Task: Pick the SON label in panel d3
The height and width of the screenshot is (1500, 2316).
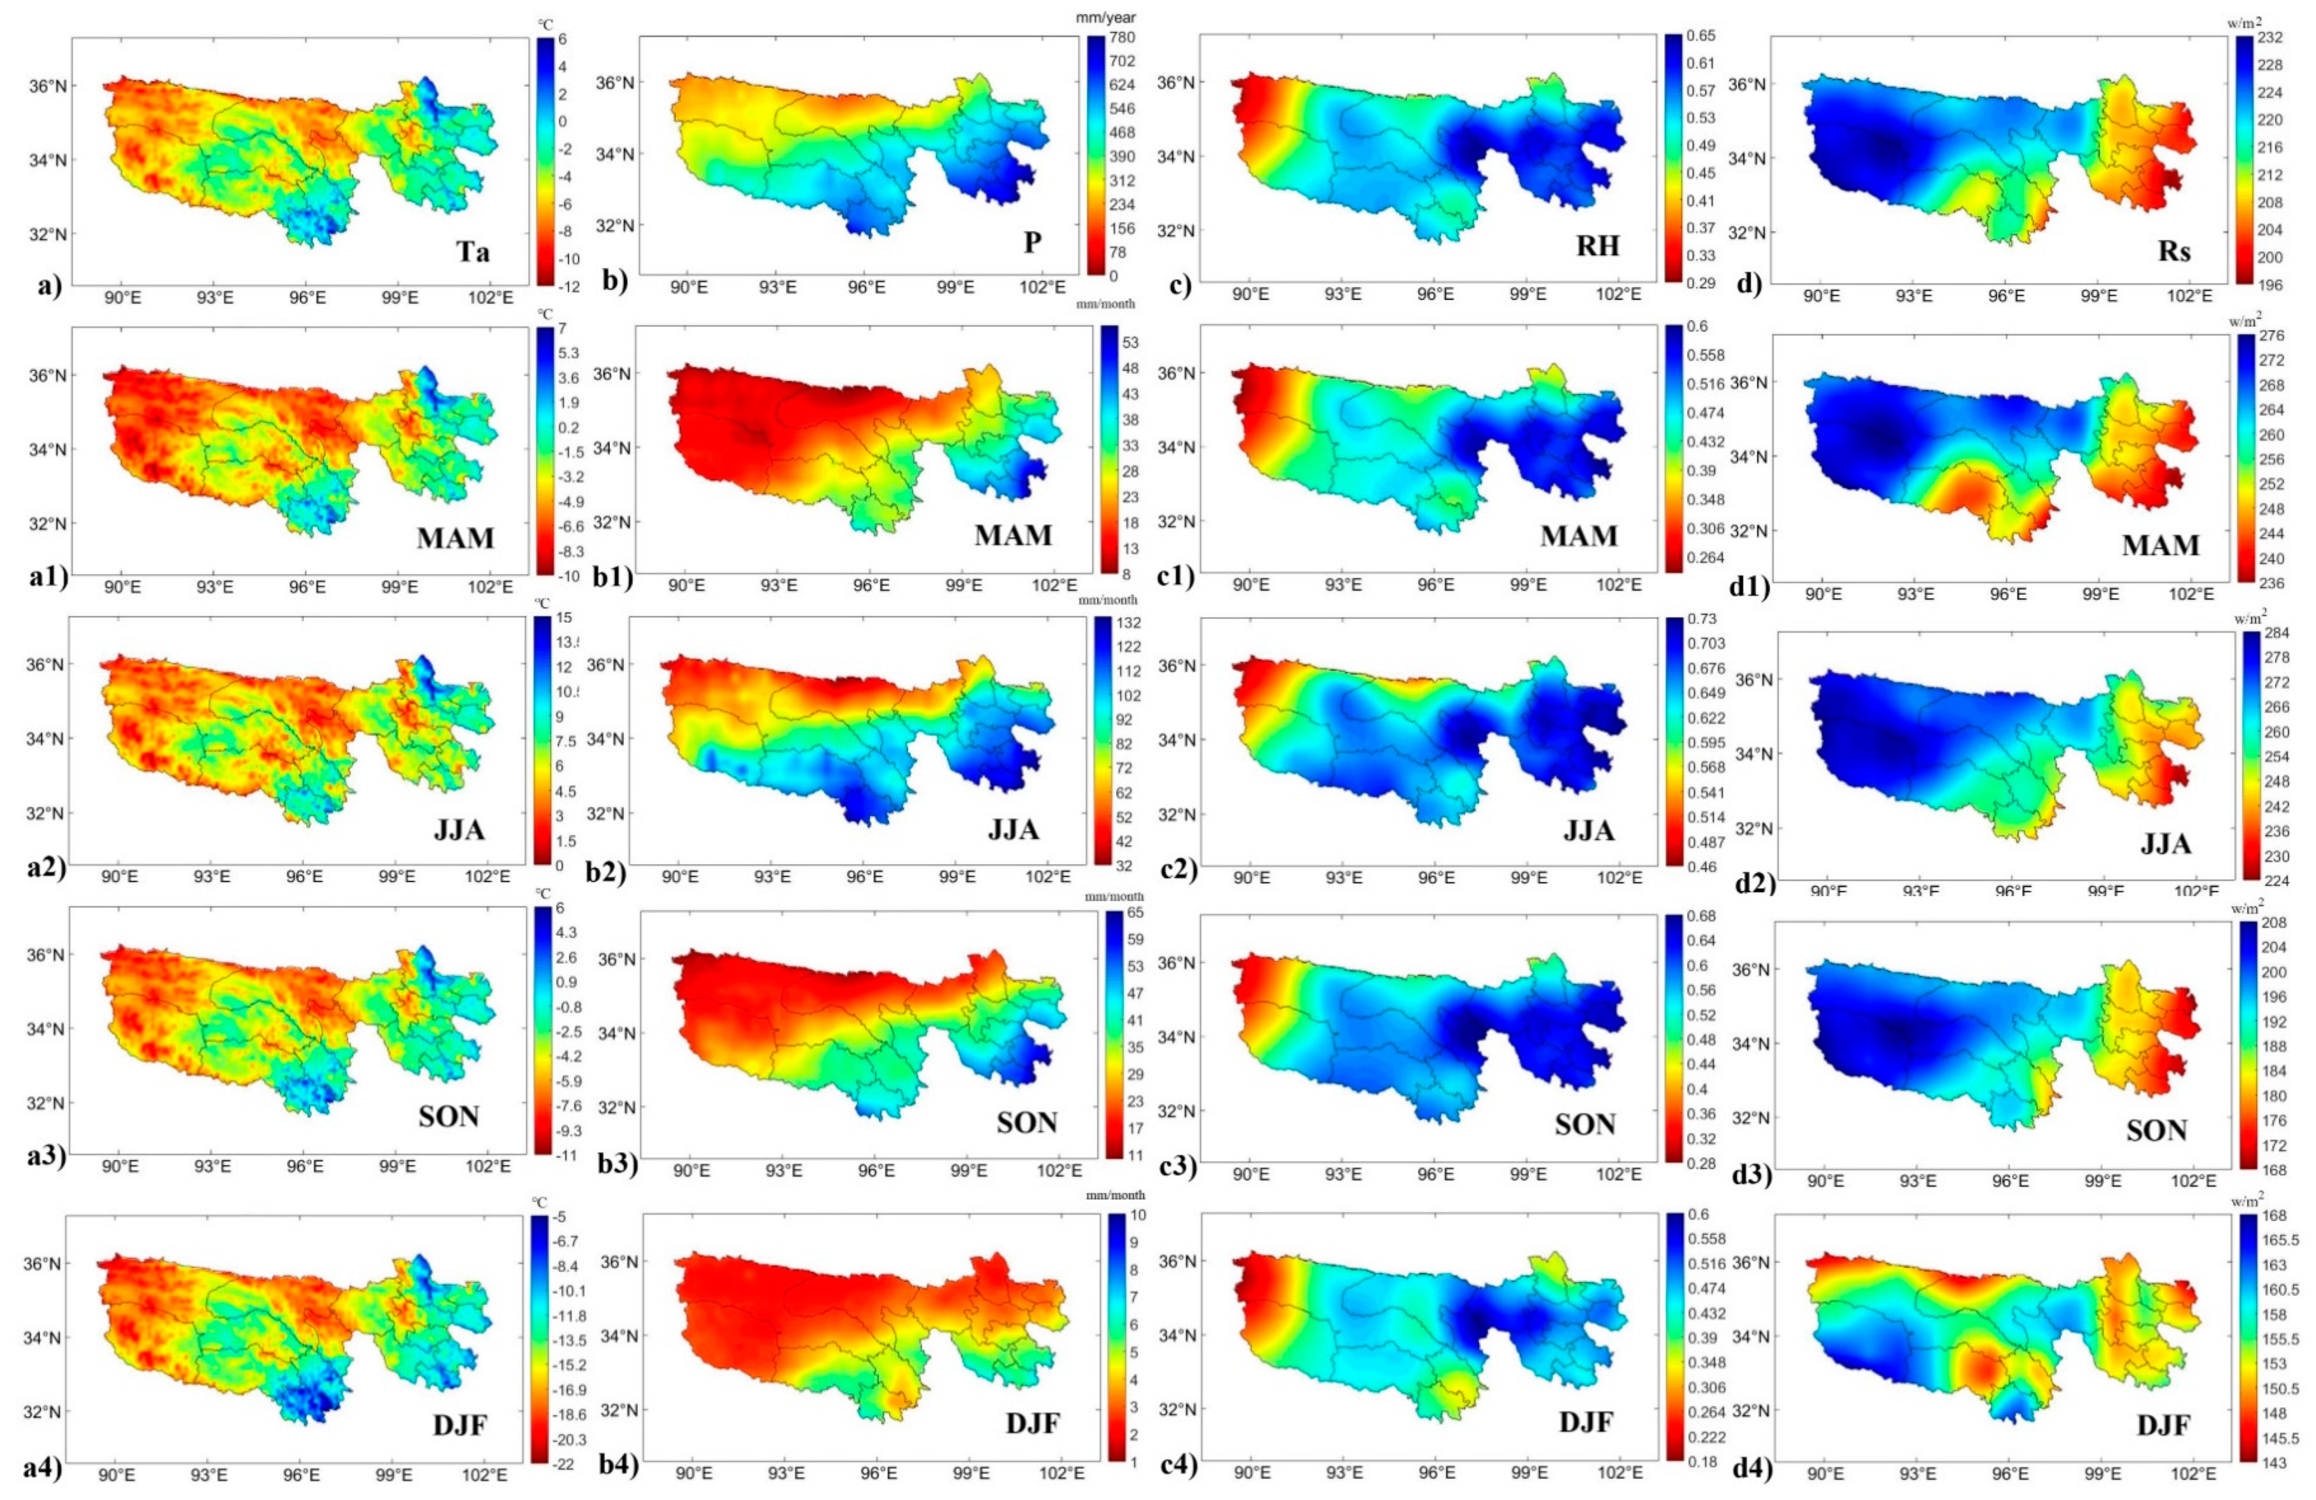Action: (x=2157, y=1130)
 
